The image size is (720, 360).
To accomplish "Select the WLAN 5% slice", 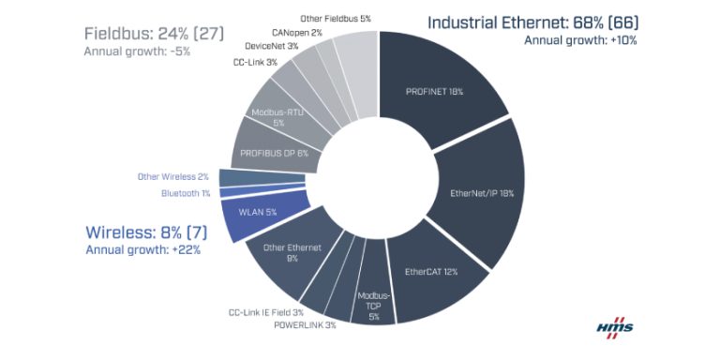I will pyautogui.click(x=258, y=212).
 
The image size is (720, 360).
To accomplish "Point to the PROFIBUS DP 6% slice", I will pyautogui.click(x=273, y=153).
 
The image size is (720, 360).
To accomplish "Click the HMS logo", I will pyautogui.click(x=615, y=329).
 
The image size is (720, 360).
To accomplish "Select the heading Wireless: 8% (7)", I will pyautogui.click(x=144, y=232).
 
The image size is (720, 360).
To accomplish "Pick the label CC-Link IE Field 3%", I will pyautogui.click(x=265, y=312).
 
